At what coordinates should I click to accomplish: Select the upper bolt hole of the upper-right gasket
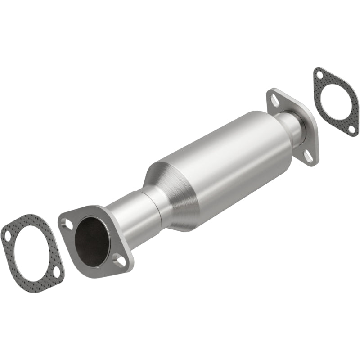pyautogui.click(x=319, y=75)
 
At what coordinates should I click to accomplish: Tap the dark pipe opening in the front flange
pyautogui.click(x=92, y=241)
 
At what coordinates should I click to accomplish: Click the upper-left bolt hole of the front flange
pyautogui.click(x=66, y=223)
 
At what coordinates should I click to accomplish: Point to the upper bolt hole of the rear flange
pyautogui.click(x=274, y=100)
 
